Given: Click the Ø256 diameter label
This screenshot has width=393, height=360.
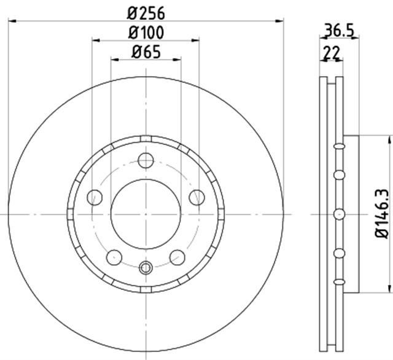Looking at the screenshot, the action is pos(146,14).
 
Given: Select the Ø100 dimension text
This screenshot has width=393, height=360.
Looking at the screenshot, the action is pos(146,33).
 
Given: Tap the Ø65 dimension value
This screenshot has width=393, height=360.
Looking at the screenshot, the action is pos(146,52).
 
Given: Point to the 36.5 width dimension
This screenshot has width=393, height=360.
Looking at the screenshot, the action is pos(340,30).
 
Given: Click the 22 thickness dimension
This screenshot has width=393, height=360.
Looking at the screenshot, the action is pos(332,52).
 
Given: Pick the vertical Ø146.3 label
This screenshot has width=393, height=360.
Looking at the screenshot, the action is pos(381,214).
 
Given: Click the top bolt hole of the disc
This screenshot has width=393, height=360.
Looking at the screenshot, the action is pos(146,160).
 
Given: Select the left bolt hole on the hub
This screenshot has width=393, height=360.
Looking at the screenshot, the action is pos(95,197).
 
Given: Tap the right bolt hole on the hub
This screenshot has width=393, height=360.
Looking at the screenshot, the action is pos(196,197).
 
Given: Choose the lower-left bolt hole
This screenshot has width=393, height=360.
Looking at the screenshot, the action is pos(114,257).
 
